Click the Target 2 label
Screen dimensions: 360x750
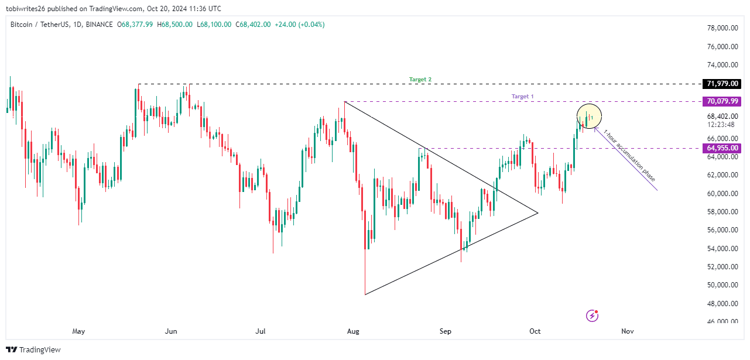(420, 79)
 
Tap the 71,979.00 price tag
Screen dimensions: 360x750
(722, 84)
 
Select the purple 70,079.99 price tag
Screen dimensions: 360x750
(722, 101)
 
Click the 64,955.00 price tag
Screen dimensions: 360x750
(722, 148)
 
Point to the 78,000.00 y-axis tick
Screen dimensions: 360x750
(722, 28)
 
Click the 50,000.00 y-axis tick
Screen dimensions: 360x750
(722, 285)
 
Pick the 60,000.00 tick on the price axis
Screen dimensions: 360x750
(722, 193)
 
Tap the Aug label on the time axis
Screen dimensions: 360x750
(353, 331)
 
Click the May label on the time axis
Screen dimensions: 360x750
(78, 331)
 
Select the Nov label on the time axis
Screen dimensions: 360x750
(627, 331)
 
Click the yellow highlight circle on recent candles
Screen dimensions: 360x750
(589, 116)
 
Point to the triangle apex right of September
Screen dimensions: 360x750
(537, 212)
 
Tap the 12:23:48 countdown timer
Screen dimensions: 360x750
(718, 125)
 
